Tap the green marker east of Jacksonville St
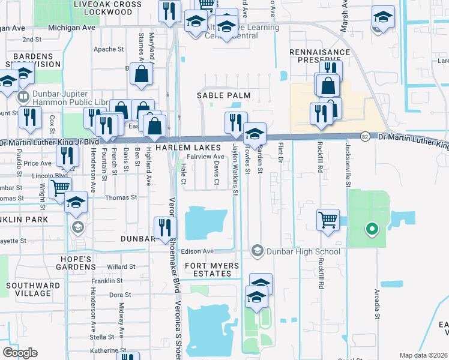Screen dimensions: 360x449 click(372, 229)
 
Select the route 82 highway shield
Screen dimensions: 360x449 click(365, 137)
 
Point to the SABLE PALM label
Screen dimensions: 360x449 click(219, 95)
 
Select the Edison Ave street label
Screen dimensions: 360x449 click(197, 251)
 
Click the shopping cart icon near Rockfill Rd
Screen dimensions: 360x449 click(328, 220)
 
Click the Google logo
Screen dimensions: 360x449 click(20, 352)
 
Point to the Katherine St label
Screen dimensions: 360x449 click(106, 350)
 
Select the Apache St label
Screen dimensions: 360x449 click(108, 50)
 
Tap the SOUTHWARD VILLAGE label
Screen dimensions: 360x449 click(28, 289)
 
